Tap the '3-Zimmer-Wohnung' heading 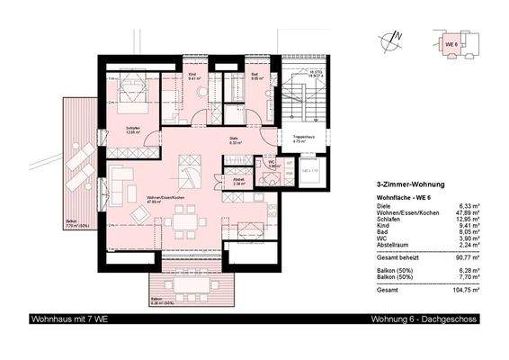(406, 183)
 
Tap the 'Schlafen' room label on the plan (134, 128)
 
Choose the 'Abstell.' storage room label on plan (238, 179)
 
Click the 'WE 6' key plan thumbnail (457, 42)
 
